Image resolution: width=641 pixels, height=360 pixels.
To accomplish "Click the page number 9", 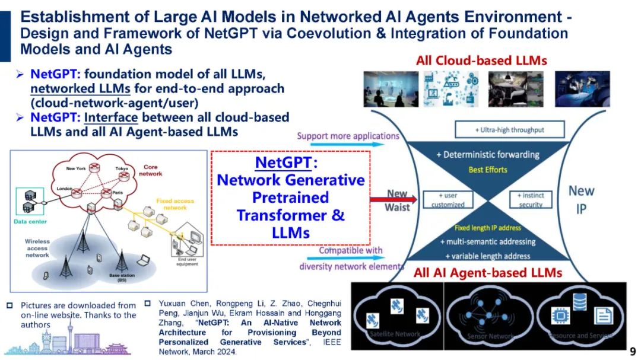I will click(632, 351).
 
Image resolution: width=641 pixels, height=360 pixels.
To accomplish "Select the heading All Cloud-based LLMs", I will click(481, 60).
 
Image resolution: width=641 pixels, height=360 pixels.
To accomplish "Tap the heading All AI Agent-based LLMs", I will click(487, 272).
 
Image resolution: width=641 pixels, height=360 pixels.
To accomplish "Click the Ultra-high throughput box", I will click(509, 129).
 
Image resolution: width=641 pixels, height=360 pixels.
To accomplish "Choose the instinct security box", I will click(531, 200).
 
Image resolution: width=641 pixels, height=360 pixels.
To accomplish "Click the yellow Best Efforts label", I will click(488, 170).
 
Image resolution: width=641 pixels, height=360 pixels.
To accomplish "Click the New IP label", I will click(581, 200).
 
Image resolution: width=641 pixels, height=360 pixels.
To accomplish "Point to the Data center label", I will click(30, 222).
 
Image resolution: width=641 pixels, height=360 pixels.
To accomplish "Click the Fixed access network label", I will click(172, 205).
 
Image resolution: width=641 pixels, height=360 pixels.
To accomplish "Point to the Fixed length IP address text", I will click(488, 228).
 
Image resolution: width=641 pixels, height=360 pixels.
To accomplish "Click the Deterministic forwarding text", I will click(488, 155).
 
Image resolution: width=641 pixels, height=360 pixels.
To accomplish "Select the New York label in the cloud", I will click(76, 169).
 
